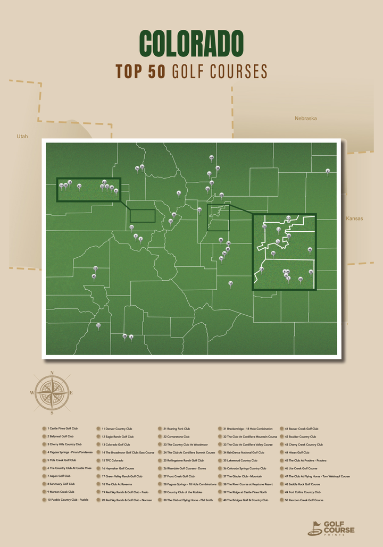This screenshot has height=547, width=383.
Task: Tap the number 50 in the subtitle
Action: click(x=157, y=72)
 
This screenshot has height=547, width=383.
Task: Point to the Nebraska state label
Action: click(x=305, y=118)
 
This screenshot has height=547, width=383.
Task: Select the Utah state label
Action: click(x=22, y=136)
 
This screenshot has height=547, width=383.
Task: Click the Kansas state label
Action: click(x=354, y=218)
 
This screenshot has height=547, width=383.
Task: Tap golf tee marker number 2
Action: click(x=328, y=171)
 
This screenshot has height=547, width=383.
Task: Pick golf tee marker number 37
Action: click(x=98, y=325)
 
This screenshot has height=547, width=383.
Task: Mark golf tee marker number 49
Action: click(x=212, y=157)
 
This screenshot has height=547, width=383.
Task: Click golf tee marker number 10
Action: click(x=230, y=283)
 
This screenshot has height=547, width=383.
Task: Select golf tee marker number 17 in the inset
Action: click(x=288, y=218)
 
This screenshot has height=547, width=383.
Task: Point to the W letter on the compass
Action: click(x=32, y=393)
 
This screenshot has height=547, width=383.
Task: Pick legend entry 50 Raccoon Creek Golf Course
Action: click(x=304, y=500)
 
